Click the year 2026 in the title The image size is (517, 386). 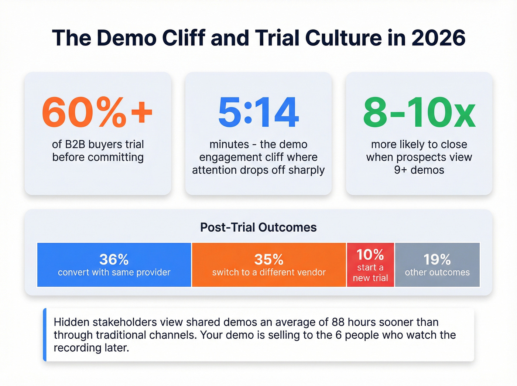tap(438, 38)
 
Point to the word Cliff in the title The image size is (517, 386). tap(184, 38)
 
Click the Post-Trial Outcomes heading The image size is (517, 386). tap(258, 227)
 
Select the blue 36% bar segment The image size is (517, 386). tap(114, 264)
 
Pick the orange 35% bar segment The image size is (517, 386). tap(269, 264)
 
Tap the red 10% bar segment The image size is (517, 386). tap(370, 264)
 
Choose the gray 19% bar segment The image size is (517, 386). tap(437, 264)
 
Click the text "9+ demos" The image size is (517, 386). tap(419, 170)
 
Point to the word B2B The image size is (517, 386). tap(75, 144)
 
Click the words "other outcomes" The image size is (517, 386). tap(437, 273)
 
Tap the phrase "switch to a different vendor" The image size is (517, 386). tap(269, 273)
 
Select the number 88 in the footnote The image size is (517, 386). tap(338, 322)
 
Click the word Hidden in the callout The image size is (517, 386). tap(72, 322)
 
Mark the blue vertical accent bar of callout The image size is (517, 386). tap(45, 335)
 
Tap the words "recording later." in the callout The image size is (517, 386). tap(92, 348)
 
